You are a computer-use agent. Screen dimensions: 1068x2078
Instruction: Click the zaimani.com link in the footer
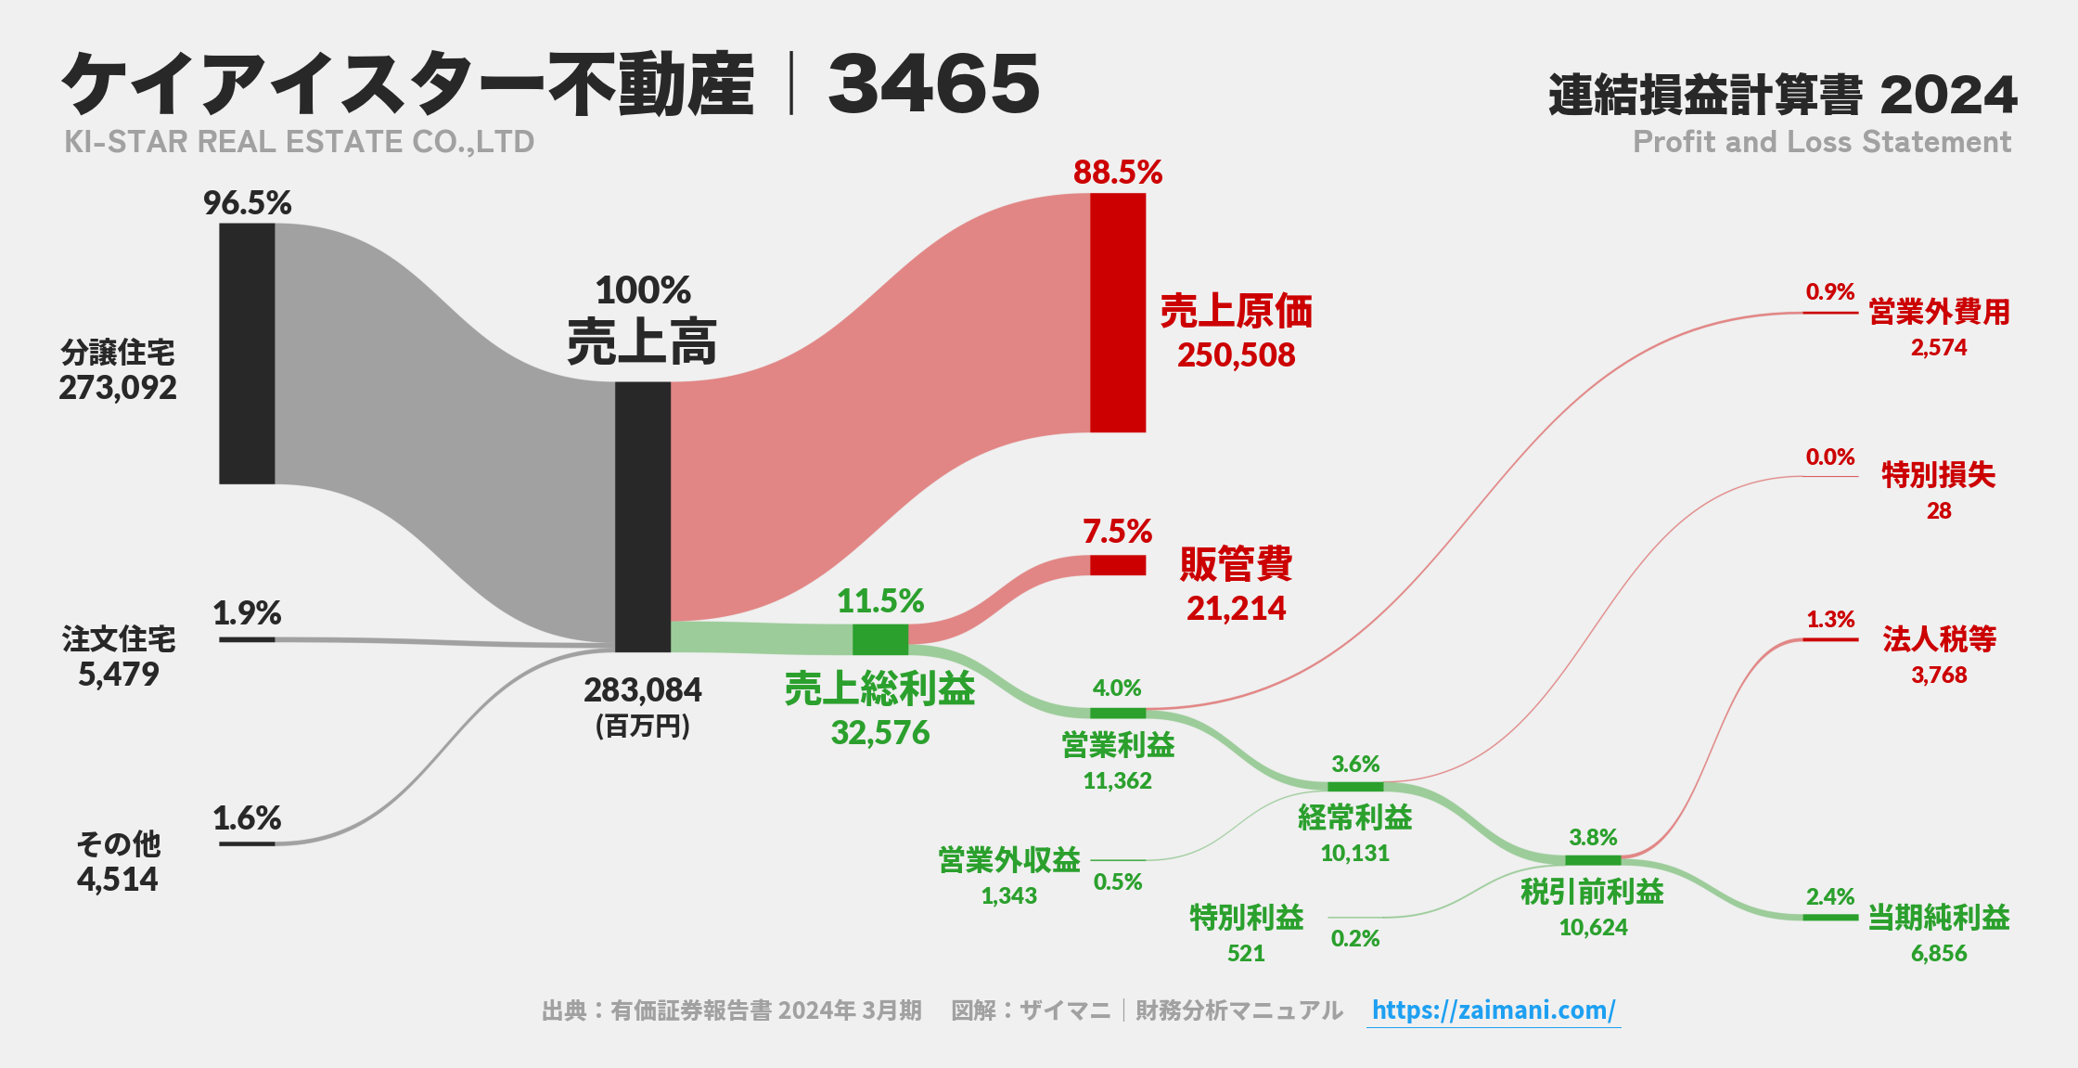pos(1493,1010)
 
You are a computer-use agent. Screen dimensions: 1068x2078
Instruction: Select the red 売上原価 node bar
pos(1117,313)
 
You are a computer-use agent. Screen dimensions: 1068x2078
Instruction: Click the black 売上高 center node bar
pos(642,516)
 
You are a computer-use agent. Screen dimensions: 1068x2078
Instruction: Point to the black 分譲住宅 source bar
pos(247,354)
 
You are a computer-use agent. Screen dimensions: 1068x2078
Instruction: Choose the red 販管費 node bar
pos(1117,565)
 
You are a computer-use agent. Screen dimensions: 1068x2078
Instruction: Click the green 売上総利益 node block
pos(879,639)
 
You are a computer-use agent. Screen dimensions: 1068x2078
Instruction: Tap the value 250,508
pos(1236,355)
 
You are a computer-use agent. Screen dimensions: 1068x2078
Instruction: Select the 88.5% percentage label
pos(1117,173)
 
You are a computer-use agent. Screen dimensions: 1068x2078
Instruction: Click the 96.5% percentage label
pos(247,203)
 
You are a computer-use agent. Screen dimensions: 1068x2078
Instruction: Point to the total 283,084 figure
pos(642,690)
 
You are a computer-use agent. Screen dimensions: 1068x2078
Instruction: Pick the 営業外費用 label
pos(1938,312)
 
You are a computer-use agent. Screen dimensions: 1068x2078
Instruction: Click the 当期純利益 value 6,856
pos(1938,953)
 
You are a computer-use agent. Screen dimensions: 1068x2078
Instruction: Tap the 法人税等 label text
pos(1938,638)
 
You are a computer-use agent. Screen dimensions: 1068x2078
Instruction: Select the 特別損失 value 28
pos(1938,510)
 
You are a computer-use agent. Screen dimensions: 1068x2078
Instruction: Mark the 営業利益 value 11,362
pos(1117,780)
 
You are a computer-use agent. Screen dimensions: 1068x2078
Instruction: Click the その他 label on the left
pos(118,843)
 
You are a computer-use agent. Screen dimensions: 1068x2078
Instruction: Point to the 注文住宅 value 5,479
pos(118,675)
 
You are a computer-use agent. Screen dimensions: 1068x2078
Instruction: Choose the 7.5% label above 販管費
pos(1117,532)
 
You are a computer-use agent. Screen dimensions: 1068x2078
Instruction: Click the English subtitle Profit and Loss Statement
pos(1821,142)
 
